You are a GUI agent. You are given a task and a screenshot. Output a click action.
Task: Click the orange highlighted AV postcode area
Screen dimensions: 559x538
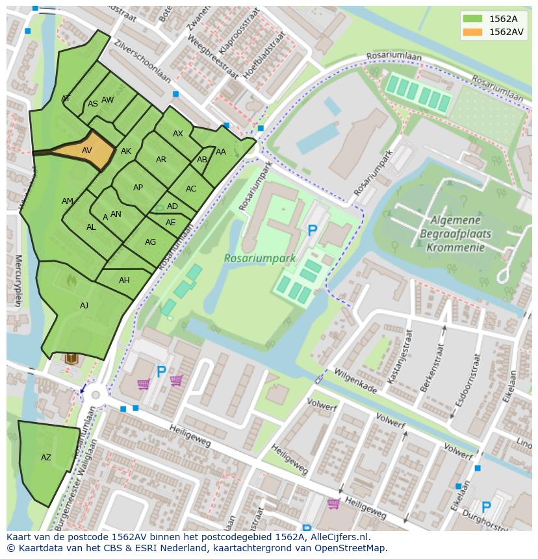pyautogui.click(x=85, y=151)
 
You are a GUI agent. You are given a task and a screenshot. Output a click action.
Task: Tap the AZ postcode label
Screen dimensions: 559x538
pyautogui.click(x=46, y=458)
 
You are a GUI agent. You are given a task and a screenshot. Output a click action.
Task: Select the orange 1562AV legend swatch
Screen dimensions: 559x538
pyautogui.click(x=472, y=32)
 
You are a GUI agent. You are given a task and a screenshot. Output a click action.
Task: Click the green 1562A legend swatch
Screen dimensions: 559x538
pyautogui.click(x=472, y=19)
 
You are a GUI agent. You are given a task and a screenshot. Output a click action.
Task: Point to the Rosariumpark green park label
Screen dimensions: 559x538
pyautogui.click(x=260, y=258)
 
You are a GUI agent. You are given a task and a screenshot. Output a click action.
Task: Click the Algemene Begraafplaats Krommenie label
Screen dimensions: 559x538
pyautogui.click(x=455, y=234)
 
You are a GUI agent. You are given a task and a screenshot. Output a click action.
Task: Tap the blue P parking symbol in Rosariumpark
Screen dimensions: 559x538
pyautogui.click(x=313, y=230)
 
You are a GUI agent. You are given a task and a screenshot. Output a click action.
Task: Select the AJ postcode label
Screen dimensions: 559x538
pyautogui.click(x=84, y=305)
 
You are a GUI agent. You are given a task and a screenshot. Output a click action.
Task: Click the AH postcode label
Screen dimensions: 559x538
pyautogui.click(x=124, y=280)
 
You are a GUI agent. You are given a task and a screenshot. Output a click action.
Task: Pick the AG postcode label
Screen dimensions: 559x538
pyautogui.click(x=150, y=242)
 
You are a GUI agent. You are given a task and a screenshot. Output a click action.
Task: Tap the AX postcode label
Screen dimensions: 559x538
pyautogui.click(x=178, y=134)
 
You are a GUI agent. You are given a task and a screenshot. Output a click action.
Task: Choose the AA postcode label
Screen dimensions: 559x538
pyautogui.click(x=221, y=152)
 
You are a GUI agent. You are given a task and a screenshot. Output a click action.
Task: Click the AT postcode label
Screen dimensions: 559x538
pyautogui.click(x=66, y=99)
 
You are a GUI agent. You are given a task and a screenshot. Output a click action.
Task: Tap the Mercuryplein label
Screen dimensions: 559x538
pyautogui.click(x=18, y=280)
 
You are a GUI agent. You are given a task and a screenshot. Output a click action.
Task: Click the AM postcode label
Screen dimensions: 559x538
pyautogui.click(x=68, y=201)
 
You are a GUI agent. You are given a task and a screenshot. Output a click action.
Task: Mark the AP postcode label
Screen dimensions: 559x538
pyautogui.click(x=138, y=188)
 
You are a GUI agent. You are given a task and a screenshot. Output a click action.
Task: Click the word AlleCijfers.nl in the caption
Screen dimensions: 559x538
pyautogui.click(x=339, y=537)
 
